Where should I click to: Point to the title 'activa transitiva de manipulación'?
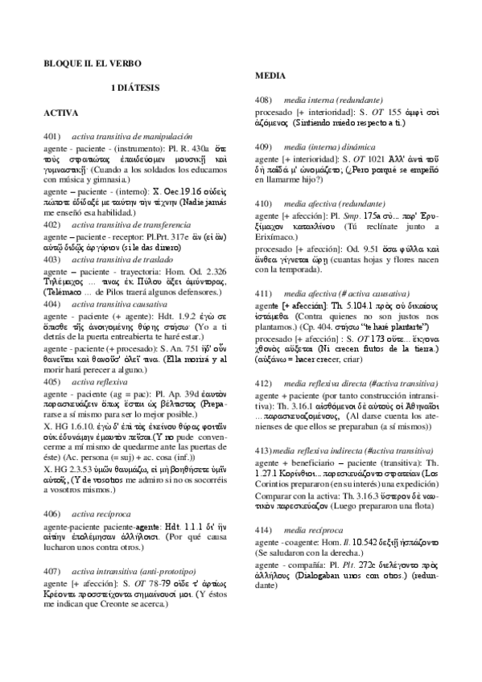(132, 138)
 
